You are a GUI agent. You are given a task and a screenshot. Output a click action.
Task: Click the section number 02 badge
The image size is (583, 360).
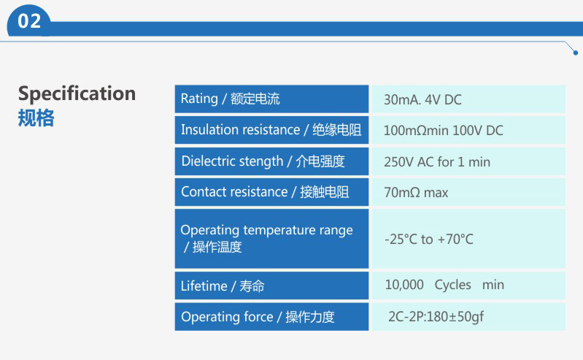[29, 21]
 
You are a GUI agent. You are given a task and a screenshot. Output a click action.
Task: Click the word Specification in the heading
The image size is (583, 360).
[77, 93]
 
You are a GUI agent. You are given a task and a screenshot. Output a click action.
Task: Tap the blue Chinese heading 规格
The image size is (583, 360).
[36, 118]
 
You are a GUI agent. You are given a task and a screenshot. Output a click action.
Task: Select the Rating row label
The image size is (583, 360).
[230, 99]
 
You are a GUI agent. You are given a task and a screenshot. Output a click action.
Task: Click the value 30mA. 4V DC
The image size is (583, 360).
[422, 99]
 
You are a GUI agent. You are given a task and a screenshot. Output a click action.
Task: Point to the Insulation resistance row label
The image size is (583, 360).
[271, 129]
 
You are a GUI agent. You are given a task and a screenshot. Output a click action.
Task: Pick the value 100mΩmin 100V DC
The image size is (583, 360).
[443, 130]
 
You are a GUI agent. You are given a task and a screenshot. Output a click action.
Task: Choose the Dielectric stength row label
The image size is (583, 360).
[263, 161]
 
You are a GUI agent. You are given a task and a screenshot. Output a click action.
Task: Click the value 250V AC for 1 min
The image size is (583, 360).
[437, 162]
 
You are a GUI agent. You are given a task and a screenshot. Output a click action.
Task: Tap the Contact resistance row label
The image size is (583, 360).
[265, 192]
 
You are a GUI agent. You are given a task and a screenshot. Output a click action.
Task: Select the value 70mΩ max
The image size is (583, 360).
[416, 193]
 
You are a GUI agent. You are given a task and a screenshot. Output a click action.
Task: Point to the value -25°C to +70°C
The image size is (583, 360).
[429, 239]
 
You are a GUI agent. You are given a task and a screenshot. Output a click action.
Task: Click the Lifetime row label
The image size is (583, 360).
[223, 286]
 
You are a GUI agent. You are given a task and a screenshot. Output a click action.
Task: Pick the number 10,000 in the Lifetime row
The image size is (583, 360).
[404, 285]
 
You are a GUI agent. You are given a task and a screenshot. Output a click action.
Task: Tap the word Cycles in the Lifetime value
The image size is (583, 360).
[452, 285]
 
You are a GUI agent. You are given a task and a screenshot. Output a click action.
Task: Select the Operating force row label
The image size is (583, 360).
[258, 317]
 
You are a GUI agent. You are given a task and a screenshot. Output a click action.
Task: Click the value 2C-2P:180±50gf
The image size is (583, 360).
[436, 316]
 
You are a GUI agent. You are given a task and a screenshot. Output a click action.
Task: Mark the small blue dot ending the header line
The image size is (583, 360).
[576, 53]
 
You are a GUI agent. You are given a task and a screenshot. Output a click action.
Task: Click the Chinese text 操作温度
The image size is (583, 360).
[217, 247]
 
